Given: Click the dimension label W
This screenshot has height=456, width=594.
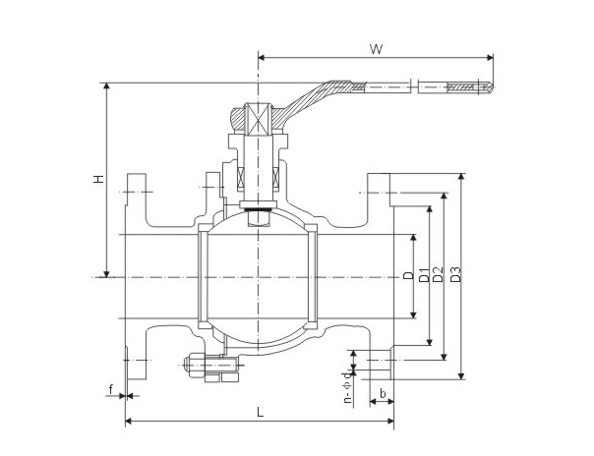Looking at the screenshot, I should pyautogui.click(x=376, y=47).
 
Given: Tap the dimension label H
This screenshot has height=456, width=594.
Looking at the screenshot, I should pyautogui.click(x=97, y=179).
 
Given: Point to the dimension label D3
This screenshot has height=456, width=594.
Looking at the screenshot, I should pyautogui.click(x=455, y=277).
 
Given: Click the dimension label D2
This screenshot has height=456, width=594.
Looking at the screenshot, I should pyautogui.click(x=439, y=277).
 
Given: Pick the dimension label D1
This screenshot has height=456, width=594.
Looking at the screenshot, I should pyautogui.click(x=423, y=277).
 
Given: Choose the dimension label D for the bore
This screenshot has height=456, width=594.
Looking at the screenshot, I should pyautogui.click(x=407, y=276).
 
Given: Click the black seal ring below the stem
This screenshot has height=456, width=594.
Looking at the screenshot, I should pyautogui.click(x=258, y=208).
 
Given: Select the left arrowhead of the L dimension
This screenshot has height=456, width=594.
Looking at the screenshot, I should pyautogui.click(x=129, y=423).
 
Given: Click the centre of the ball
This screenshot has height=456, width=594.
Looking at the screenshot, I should pyautogui.click(x=258, y=277).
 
